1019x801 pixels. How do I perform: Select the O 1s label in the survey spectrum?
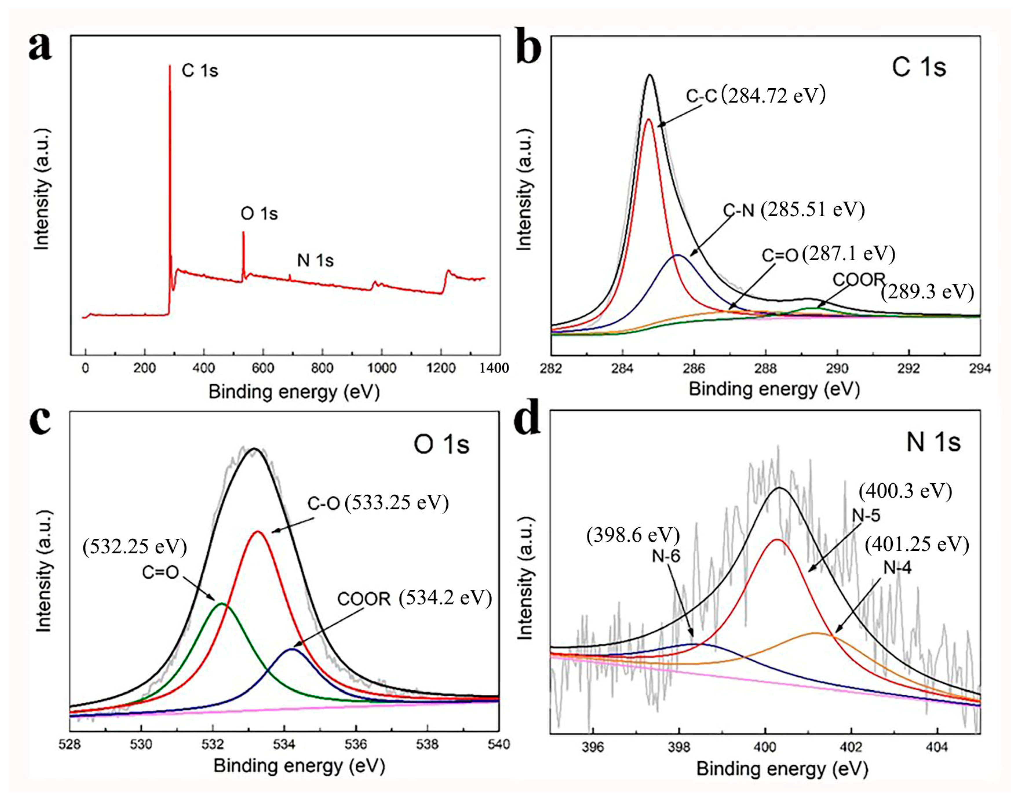[x=259, y=214]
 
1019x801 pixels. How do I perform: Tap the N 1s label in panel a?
[x=315, y=260]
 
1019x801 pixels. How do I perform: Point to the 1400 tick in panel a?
[x=493, y=368]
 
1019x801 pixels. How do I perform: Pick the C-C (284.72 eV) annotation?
[x=755, y=96]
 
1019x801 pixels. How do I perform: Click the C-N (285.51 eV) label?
[x=794, y=210]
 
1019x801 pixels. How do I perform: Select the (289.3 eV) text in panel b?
[x=927, y=292]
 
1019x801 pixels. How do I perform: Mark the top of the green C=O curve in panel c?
[x=222, y=604]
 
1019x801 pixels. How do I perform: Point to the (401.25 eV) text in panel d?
[x=916, y=545]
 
